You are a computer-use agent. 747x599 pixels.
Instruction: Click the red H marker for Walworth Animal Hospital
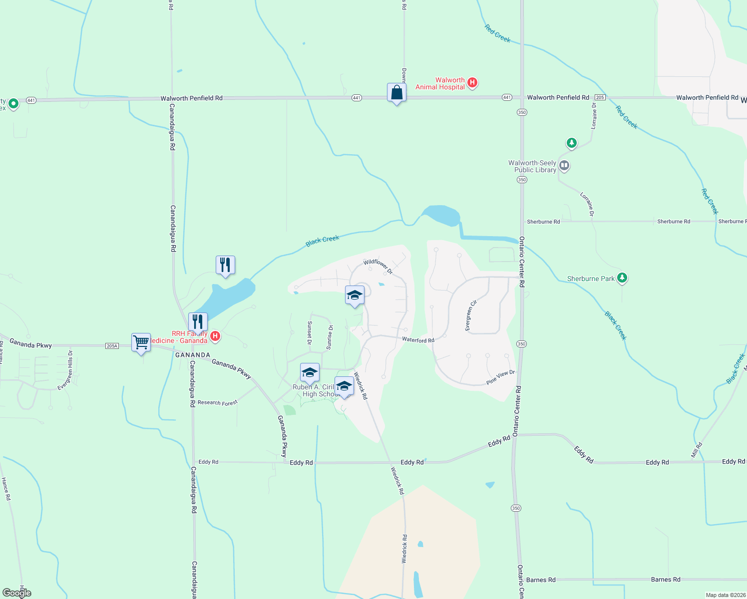472,83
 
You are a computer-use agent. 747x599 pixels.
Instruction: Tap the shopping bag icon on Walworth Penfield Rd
396,93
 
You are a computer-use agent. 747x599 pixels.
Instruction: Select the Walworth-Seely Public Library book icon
564,165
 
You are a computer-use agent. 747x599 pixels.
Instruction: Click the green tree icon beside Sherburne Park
622,278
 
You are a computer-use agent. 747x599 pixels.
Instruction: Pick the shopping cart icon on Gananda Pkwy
141,343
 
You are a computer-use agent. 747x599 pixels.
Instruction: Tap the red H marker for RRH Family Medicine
215,336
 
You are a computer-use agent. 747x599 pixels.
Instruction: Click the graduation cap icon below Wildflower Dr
355,296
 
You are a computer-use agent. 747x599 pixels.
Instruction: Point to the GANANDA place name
193,355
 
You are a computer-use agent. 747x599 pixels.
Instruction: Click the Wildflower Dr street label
377,267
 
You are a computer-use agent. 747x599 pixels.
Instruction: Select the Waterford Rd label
418,340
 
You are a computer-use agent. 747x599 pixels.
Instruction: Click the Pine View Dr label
500,377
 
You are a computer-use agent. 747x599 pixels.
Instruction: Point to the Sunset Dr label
310,333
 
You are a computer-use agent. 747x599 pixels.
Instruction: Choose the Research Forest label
217,402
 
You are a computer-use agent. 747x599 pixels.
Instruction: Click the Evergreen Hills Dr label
65,370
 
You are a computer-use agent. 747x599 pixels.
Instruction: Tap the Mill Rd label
697,450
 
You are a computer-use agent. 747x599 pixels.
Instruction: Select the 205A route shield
112,346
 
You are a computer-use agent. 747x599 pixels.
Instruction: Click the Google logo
16,593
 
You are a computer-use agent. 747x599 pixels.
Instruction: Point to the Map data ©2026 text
724,595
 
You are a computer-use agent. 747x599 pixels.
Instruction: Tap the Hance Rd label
6,489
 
